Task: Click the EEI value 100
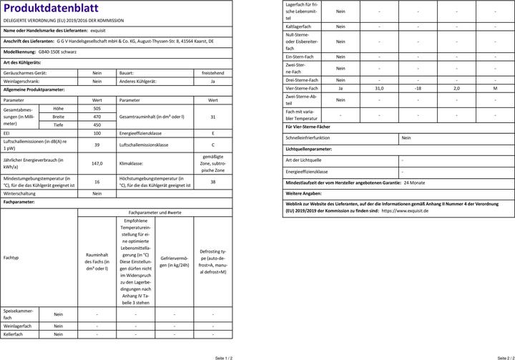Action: (x=97, y=134)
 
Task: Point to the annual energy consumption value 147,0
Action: (x=97, y=163)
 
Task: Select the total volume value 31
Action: (x=213, y=117)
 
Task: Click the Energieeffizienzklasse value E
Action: (x=213, y=134)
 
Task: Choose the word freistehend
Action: (x=213, y=73)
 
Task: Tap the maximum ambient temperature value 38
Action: (x=213, y=182)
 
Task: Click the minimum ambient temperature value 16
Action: (x=97, y=182)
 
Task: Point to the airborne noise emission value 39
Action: (x=97, y=145)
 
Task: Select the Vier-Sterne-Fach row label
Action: (x=301, y=88)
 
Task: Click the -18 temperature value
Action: (x=418, y=88)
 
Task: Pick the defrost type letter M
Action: (x=495, y=88)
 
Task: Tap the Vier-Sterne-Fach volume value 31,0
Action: (x=378, y=88)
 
